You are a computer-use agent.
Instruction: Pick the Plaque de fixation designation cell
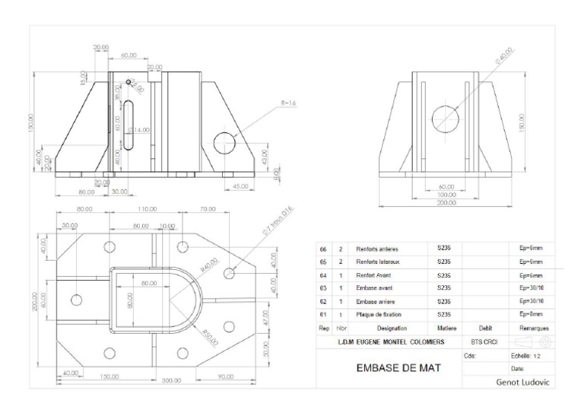tap(379, 314)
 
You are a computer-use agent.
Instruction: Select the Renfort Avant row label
tap(375, 275)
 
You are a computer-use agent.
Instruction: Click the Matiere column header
tap(446, 328)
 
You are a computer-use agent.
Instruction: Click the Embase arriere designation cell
tap(378, 301)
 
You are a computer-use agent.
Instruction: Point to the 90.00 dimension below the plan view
tap(226, 376)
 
